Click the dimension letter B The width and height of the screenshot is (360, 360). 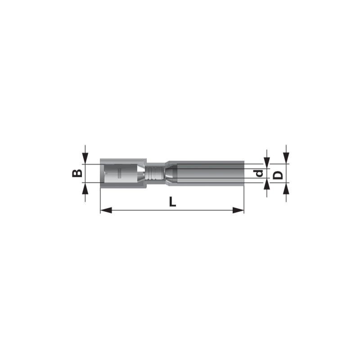pyautogui.click(x=77, y=173)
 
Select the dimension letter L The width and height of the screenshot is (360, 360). pyautogui.click(x=172, y=201)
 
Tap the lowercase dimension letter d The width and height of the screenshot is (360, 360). pyautogui.click(x=260, y=173)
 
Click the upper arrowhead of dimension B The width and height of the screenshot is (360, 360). pyautogui.click(x=85, y=158)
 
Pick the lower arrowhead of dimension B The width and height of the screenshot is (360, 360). pyautogui.click(x=85, y=189)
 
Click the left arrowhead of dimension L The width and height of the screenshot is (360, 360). pyautogui.click(x=106, y=210)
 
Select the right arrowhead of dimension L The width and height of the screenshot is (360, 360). pyautogui.click(x=238, y=210)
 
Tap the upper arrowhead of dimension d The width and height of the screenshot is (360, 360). pyautogui.click(x=266, y=163)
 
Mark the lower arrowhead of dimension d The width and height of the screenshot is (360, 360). pyautogui.click(x=266, y=184)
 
